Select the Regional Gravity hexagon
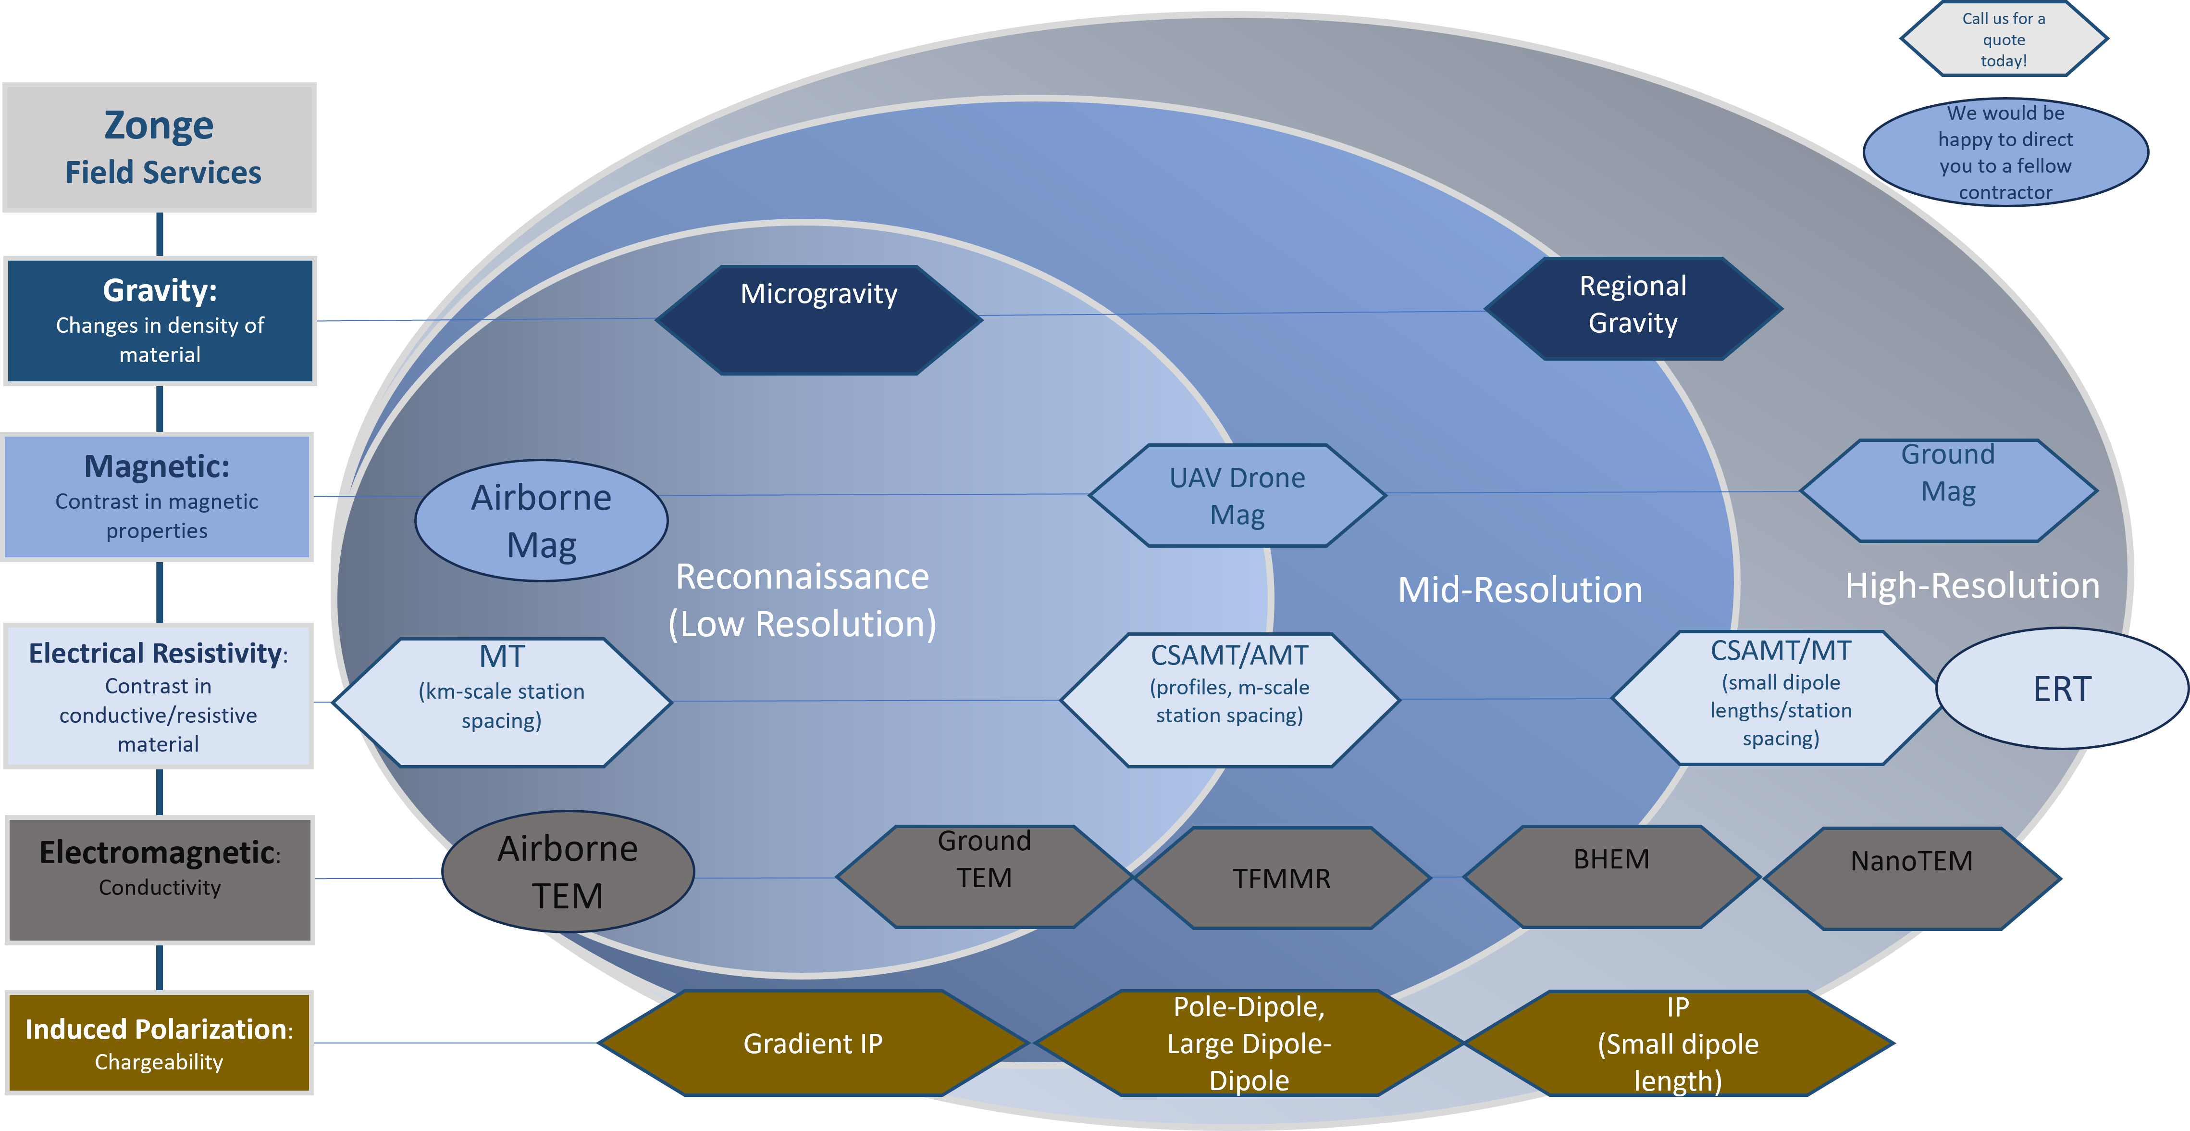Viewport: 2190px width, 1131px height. click(1633, 308)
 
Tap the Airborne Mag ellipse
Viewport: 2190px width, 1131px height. click(542, 520)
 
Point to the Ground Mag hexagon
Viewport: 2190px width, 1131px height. click(1948, 490)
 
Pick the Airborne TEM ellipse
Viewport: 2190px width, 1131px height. click(568, 872)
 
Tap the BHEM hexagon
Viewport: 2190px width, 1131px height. click(1611, 876)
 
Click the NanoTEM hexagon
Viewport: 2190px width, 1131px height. click(1911, 878)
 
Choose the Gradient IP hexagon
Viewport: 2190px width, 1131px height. click(813, 1043)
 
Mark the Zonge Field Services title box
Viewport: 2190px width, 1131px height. click(161, 147)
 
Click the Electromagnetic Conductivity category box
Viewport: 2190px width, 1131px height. click(160, 880)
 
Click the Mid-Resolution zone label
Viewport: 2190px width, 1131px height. click(1520, 590)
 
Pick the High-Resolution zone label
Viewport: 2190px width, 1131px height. click(1972, 586)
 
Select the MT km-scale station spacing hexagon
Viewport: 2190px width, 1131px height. click(502, 703)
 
